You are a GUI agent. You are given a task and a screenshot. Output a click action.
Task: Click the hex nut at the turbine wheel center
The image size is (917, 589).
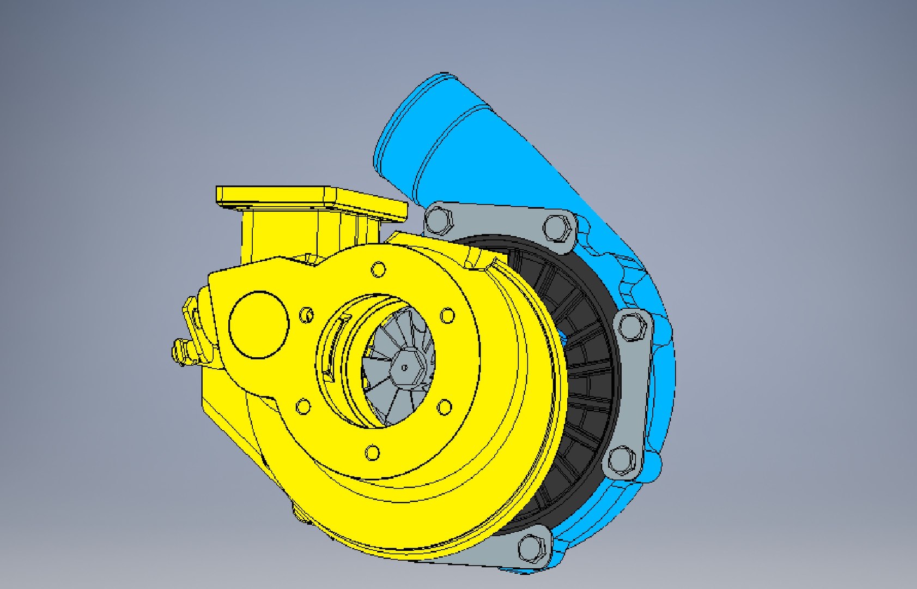tap(404, 368)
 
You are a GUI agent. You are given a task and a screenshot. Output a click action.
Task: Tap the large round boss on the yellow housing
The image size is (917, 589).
tap(258, 325)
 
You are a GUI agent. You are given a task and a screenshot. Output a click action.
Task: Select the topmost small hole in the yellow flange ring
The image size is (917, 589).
tap(378, 269)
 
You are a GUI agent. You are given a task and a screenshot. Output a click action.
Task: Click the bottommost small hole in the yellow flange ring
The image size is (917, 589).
tap(373, 453)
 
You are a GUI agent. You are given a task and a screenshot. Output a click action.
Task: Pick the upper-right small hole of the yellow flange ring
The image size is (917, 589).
tap(447, 315)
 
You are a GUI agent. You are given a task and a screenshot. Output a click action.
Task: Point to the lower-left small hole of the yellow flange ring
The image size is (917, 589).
tap(303, 406)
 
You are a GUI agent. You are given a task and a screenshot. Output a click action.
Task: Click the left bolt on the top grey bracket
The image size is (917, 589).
tap(438, 219)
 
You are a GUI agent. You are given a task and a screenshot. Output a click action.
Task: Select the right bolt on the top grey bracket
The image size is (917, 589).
tap(556, 227)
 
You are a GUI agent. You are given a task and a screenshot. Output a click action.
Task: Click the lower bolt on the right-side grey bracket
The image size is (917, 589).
tap(621, 460)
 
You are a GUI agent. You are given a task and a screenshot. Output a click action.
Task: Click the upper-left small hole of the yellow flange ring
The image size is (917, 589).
tap(307, 315)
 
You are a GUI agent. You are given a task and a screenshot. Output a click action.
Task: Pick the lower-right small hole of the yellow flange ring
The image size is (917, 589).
tap(445, 407)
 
